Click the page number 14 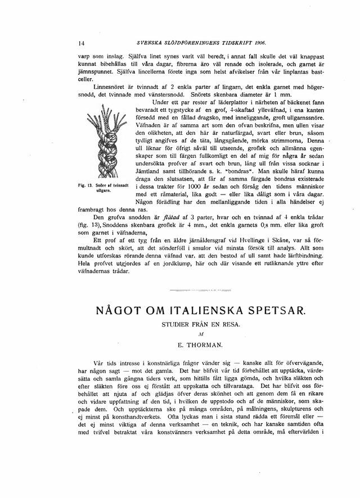pyautogui.click(x=82, y=44)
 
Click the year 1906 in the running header pyautogui.click(x=255, y=43)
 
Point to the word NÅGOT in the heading pyautogui.click(x=119, y=310)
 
